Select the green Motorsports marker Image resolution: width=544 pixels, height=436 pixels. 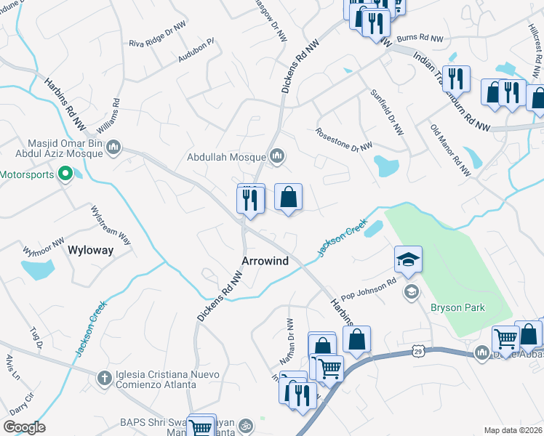(x=65, y=174)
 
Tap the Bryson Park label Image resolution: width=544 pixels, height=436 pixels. (x=457, y=308)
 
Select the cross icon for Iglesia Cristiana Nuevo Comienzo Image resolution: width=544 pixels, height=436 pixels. (x=105, y=378)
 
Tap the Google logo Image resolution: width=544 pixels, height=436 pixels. (x=23, y=427)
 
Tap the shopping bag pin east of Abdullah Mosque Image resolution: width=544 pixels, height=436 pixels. (x=289, y=197)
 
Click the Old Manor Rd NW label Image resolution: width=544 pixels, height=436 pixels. (x=451, y=150)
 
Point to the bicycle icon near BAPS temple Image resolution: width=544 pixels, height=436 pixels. (x=246, y=424)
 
